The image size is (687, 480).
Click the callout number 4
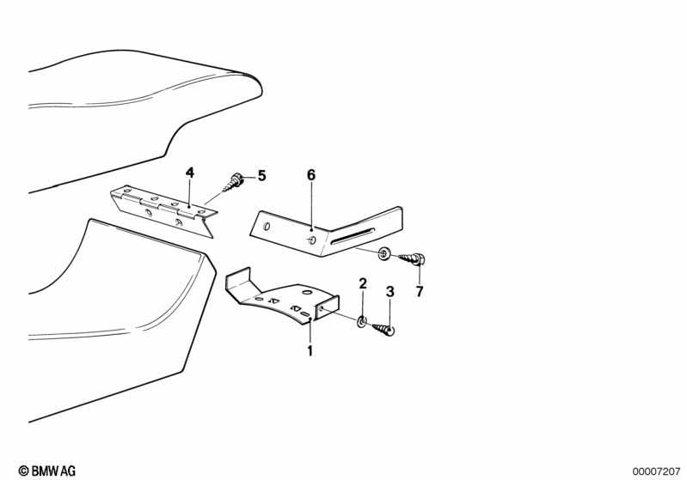190,173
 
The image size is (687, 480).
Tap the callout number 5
261,176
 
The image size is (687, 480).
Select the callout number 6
311,175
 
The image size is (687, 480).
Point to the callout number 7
420,291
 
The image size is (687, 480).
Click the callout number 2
363,283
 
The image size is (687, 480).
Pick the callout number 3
390,291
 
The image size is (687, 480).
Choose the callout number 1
310,350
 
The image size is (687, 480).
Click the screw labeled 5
233,183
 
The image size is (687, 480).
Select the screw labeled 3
383,329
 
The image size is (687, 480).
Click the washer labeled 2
362,322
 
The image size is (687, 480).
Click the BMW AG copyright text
47,471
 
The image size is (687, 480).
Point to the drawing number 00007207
656,471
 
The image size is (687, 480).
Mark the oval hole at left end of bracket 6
267,227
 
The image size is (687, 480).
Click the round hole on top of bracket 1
307,292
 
